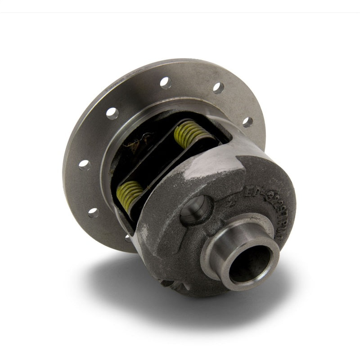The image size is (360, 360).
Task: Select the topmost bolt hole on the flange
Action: (166, 83)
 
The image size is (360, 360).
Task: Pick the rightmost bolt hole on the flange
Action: (247, 121)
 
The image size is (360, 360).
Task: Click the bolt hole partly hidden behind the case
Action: (128, 237)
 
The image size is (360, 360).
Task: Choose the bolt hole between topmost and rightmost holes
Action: (218, 88)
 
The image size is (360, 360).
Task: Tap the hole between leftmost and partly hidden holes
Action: (93, 212)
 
